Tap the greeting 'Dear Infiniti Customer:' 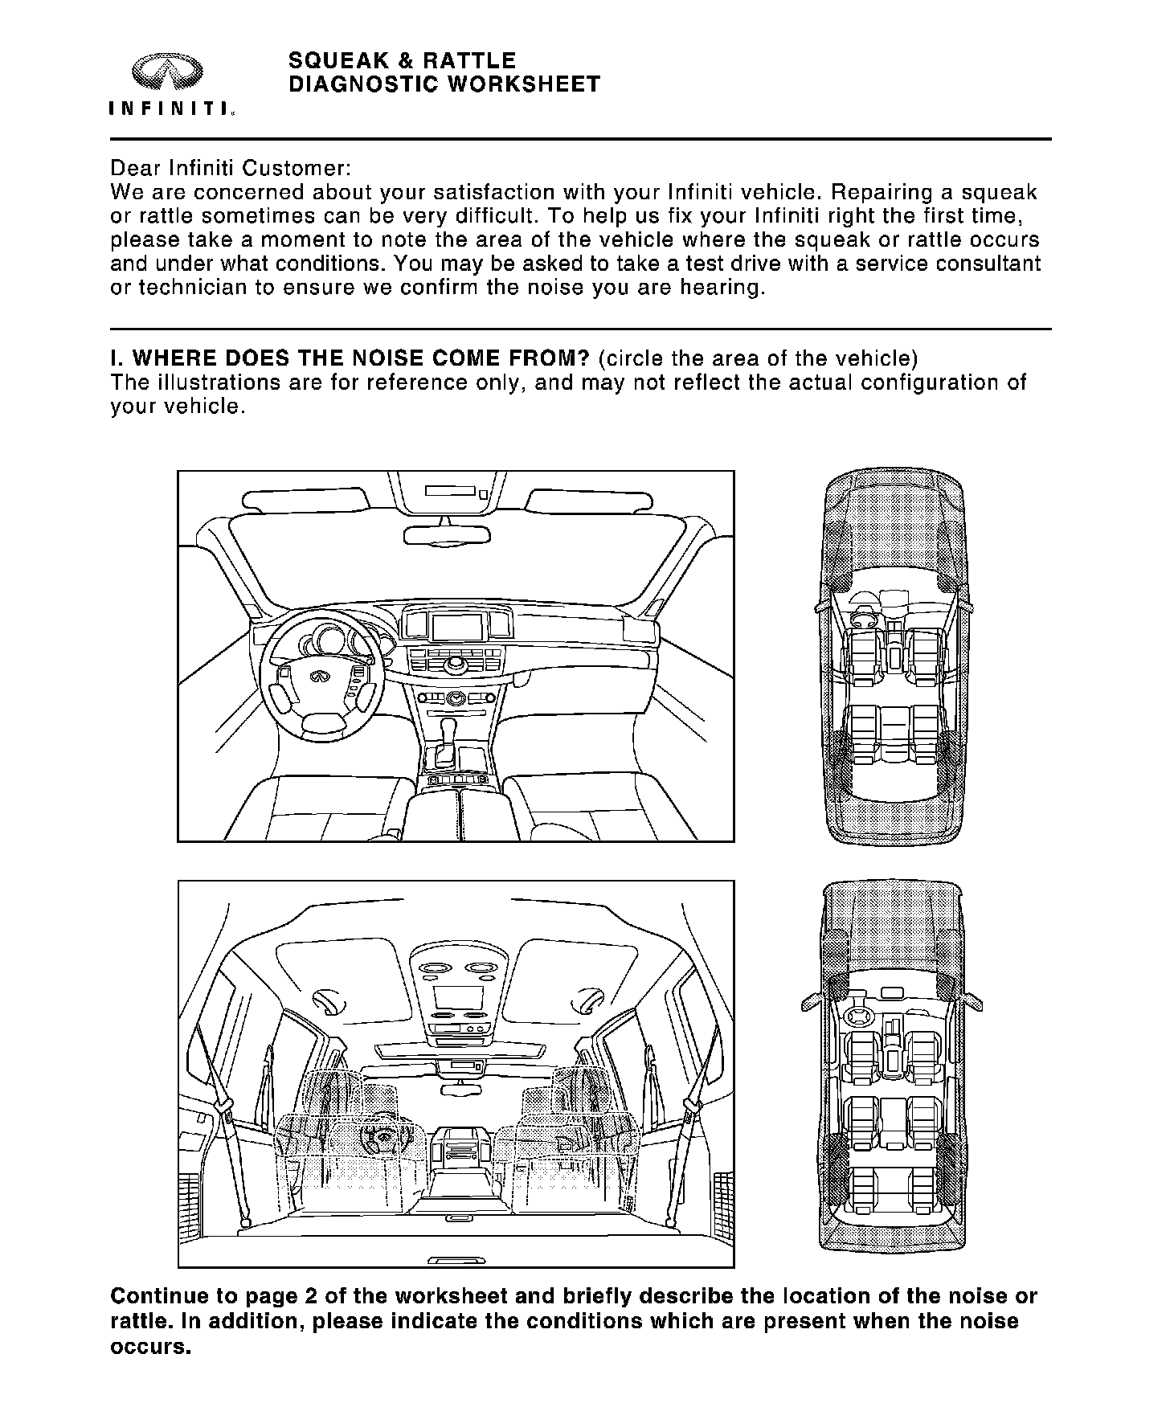[x=230, y=169]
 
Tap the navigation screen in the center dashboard [x=457, y=627]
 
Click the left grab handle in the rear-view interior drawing [x=329, y=1001]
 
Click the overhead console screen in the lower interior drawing [x=458, y=997]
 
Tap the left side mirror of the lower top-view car [x=811, y=1004]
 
